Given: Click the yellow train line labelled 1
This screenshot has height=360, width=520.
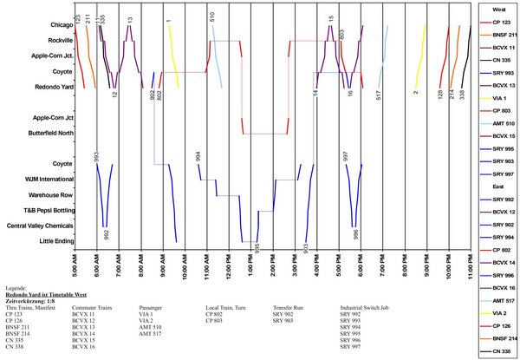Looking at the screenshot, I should (173, 56).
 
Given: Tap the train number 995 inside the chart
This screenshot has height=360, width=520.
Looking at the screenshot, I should (257, 249).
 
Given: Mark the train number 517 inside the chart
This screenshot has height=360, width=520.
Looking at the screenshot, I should (380, 94).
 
